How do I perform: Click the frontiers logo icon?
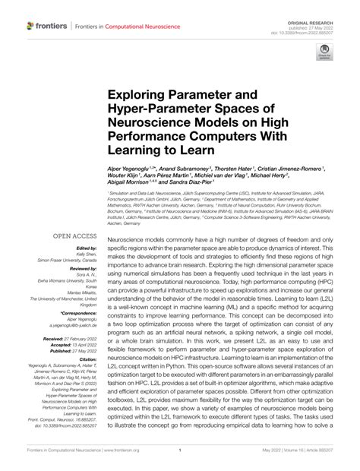pos(30,26)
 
